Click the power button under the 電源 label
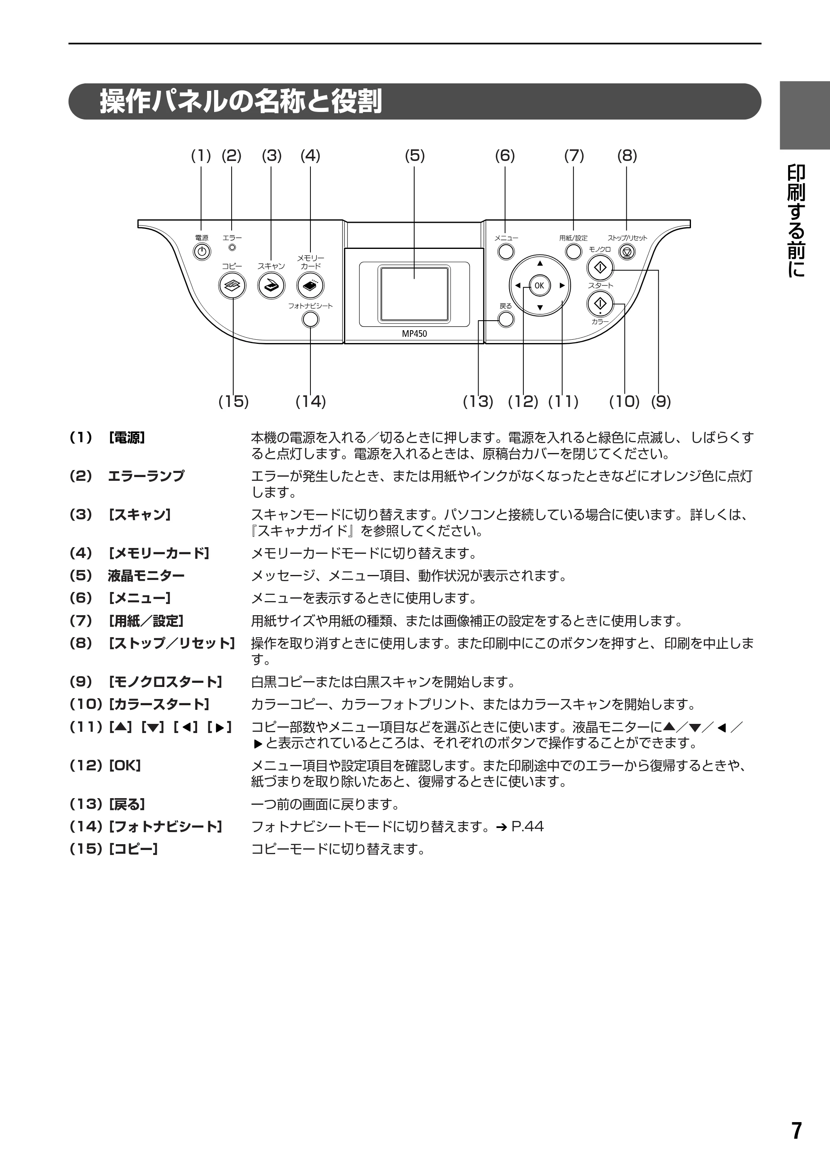point(202,251)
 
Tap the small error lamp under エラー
point(232,248)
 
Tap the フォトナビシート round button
point(311,320)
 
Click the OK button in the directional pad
point(539,285)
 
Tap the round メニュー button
point(506,252)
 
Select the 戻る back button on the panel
point(506,320)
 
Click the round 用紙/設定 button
point(574,252)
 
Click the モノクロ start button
point(600,267)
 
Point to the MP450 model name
point(414,334)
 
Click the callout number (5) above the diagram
point(415,155)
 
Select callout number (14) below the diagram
point(311,402)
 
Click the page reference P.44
point(527,826)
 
